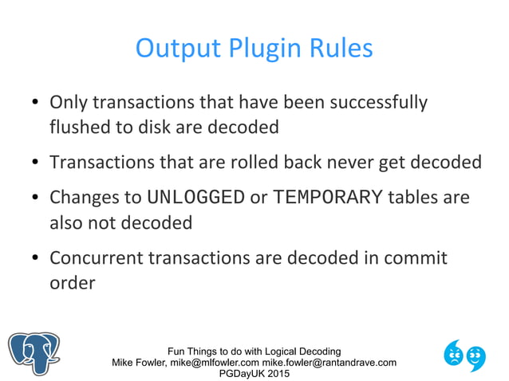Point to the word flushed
(x=80, y=127)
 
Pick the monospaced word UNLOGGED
(x=196, y=197)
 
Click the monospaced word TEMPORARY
(x=327, y=197)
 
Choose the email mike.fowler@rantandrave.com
(x=329, y=363)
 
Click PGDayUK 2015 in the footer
(x=254, y=374)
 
